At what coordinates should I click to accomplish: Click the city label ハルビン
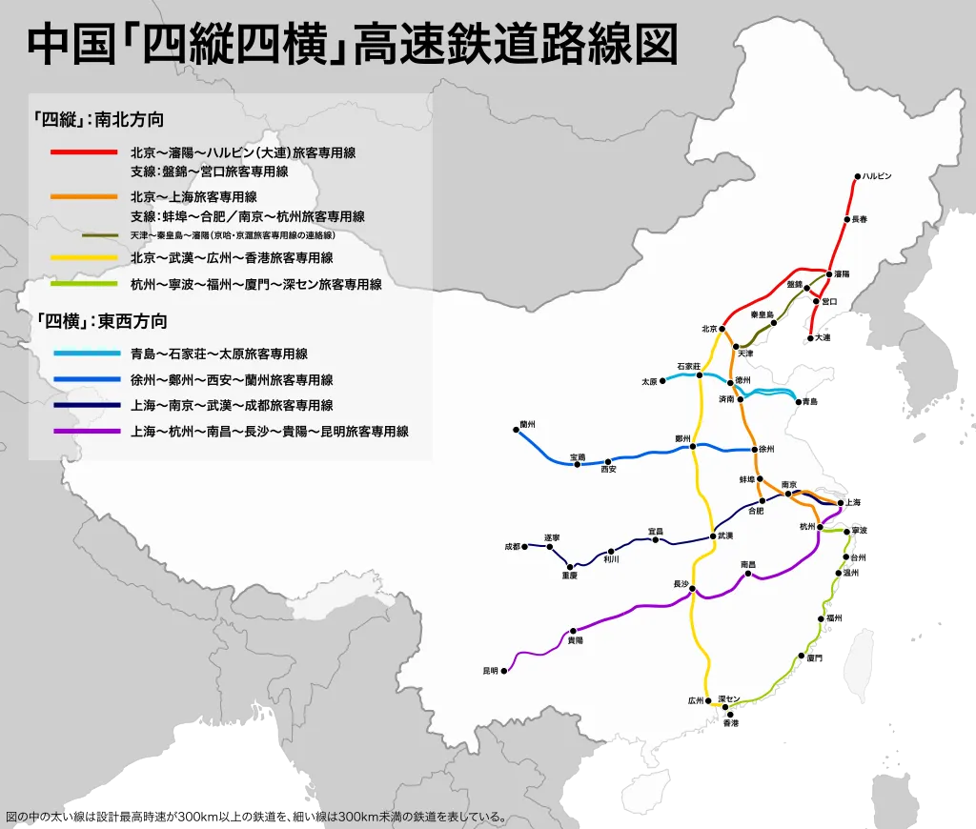click(x=878, y=176)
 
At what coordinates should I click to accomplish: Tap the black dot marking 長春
click(x=845, y=219)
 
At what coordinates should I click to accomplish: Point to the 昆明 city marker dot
click(x=504, y=671)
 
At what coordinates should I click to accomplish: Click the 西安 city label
click(x=609, y=470)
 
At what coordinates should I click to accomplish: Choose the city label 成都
click(x=512, y=547)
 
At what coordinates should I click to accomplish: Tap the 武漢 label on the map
click(x=725, y=536)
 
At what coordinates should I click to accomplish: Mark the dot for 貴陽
click(x=573, y=631)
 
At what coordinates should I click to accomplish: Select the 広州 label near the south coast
click(x=695, y=699)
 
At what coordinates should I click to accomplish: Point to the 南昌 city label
click(x=748, y=565)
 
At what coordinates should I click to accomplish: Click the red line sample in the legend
click(x=85, y=152)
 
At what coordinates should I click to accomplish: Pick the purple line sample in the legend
click(x=85, y=432)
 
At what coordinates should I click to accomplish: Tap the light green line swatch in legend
click(x=85, y=284)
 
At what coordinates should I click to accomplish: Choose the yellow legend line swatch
click(x=85, y=258)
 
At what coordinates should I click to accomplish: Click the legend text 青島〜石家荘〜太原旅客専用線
click(x=219, y=354)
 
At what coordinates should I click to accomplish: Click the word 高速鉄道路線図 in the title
click(x=516, y=45)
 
